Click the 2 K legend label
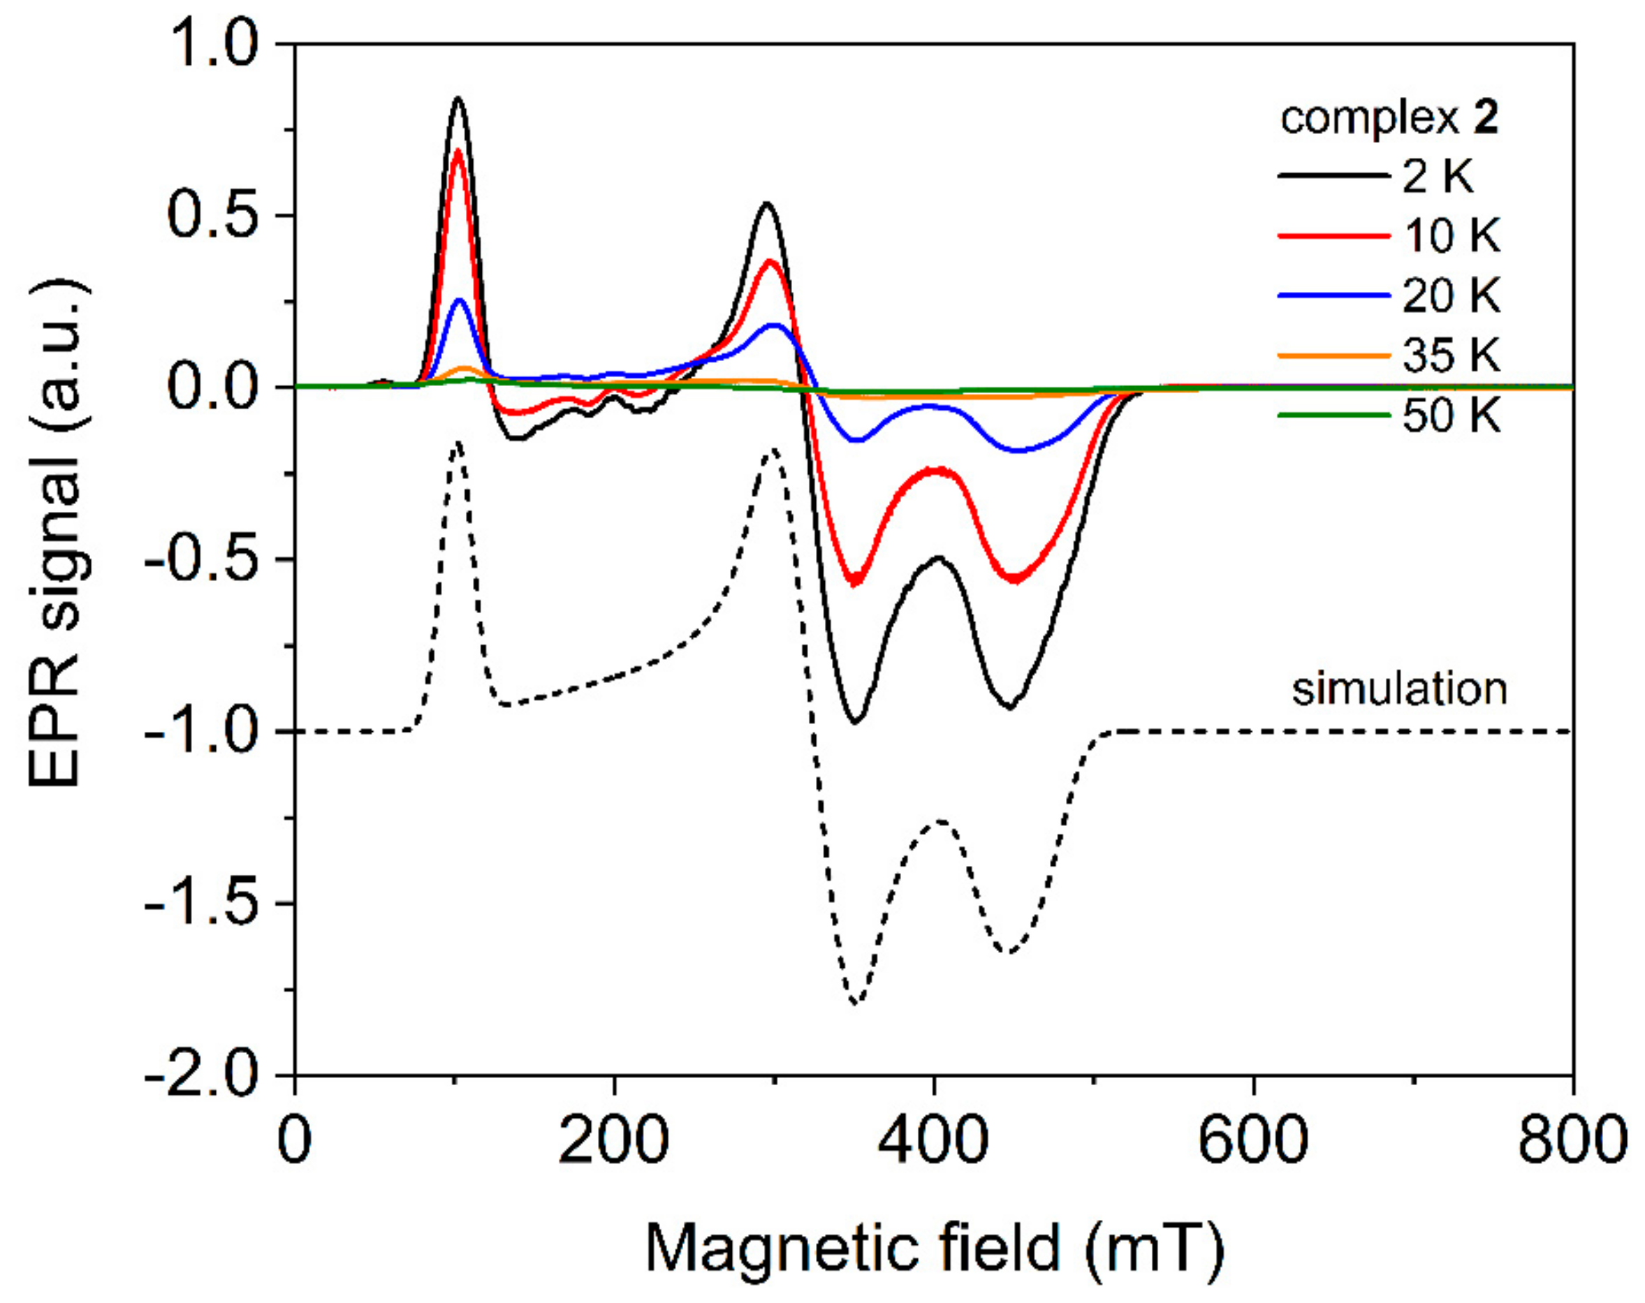[x=1438, y=177]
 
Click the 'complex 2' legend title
[x=1389, y=120]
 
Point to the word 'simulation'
[x=1399, y=689]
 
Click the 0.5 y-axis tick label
[x=212, y=216]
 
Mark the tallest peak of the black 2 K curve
[x=458, y=98]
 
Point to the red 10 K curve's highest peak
[x=458, y=149]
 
